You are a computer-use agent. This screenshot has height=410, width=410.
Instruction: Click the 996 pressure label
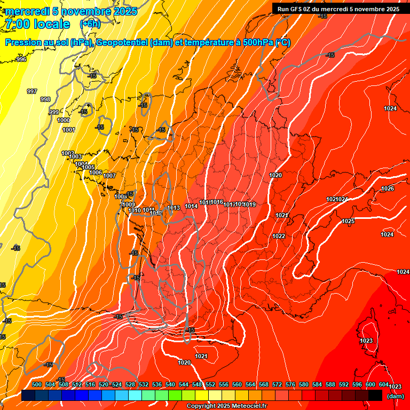(21, 59)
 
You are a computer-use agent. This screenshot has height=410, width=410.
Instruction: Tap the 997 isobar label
(32, 91)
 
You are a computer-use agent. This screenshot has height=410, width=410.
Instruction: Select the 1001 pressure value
(68, 130)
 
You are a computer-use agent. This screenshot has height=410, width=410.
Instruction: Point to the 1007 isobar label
(109, 176)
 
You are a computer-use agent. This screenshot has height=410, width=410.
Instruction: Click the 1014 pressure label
(191, 206)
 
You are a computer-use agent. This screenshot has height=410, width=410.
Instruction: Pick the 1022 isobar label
(279, 236)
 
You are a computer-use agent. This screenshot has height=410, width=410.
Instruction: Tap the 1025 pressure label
(348, 221)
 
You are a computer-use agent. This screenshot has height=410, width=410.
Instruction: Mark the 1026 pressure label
(388, 188)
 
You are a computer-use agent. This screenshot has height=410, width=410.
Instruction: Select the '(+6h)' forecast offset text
(90, 24)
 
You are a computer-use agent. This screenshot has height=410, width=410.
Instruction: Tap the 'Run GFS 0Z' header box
(338, 9)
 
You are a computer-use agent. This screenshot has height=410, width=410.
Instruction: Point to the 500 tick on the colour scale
(37, 384)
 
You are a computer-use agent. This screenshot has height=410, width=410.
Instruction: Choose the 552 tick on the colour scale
(210, 384)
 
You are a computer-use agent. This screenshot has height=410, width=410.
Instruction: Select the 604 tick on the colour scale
(384, 384)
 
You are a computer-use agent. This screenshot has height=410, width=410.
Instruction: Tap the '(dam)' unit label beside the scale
(396, 396)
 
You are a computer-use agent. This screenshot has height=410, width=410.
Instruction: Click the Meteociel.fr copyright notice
(226, 406)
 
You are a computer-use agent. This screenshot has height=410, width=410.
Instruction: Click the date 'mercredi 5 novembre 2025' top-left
(72, 11)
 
